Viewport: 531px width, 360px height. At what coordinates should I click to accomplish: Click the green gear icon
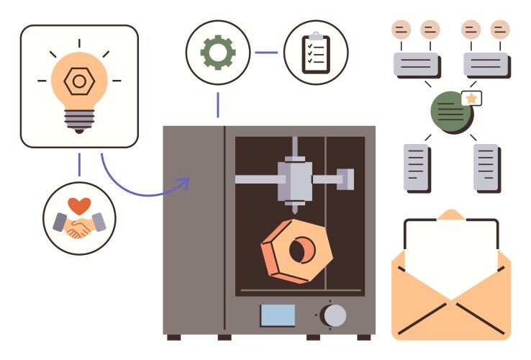(217, 52)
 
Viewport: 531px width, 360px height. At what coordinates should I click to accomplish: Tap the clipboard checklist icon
(316, 53)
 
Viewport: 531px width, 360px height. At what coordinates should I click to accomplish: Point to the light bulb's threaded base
(78, 120)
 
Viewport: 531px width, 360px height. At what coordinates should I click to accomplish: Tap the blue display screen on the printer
(278, 315)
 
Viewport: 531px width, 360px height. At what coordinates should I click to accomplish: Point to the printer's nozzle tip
(294, 210)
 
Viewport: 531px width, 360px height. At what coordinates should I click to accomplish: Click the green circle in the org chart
(450, 112)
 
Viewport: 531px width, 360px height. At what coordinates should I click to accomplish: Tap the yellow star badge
(472, 97)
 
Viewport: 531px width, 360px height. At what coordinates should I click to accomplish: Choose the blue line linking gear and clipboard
(266, 52)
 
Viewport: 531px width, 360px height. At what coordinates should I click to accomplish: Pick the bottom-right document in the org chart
(486, 168)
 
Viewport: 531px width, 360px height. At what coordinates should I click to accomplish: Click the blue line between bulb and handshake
(78, 165)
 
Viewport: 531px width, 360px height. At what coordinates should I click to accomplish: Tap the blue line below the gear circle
(217, 105)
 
